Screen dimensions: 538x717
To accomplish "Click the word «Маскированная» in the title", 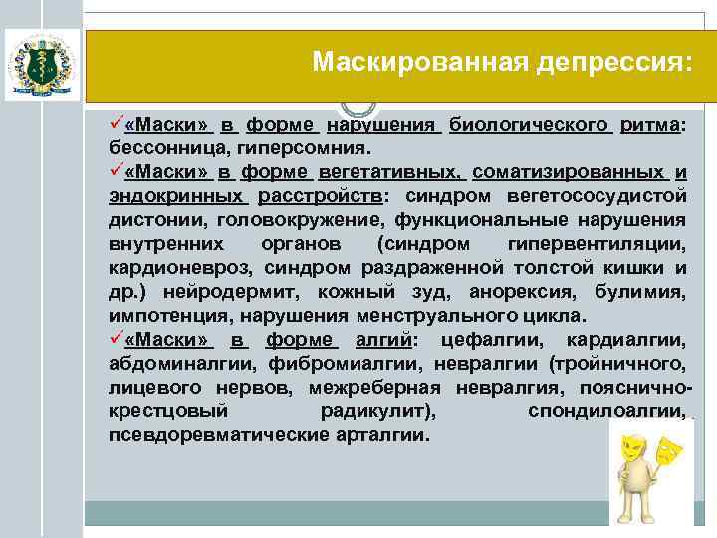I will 407,63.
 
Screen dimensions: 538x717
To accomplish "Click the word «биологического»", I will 528,126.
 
